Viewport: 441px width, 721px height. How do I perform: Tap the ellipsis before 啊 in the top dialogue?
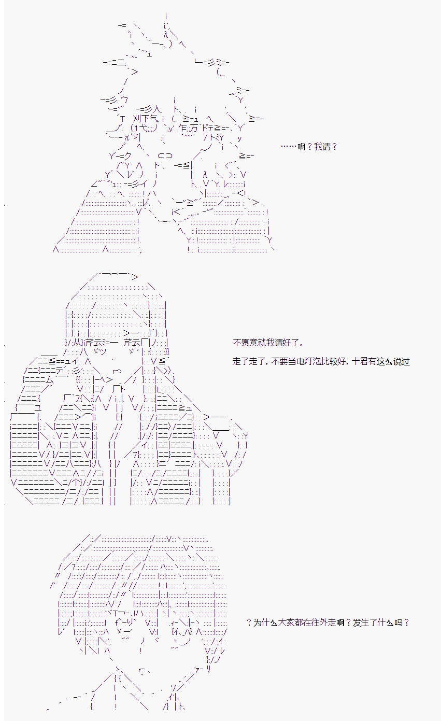pyautogui.click(x=289, y=147)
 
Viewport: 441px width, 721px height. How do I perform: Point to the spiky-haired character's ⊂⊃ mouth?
pyautogui.click(x=165, y=156)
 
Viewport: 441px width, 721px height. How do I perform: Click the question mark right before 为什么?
pyautogui.click(x=249, y=623)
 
